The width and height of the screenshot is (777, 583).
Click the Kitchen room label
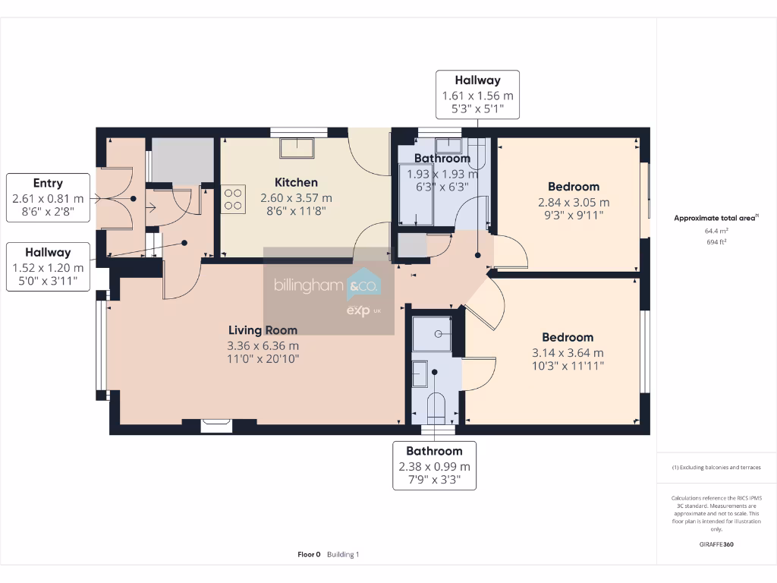pyautogui.click(x=296, y=182)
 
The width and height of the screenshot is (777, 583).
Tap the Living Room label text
pyautogui.click(x=263, y=330)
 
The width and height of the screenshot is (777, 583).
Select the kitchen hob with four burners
pyautogui.click(x=233, y=199)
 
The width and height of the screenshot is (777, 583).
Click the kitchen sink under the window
pyautogui.click(x=296, y=148)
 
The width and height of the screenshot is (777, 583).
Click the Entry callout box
pyautogui.click(x=48, y=199)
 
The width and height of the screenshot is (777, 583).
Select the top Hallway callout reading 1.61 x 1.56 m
pyautogui.click(x=477, y=95)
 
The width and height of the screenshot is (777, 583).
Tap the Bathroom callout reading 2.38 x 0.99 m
pyautogui.click(x=434, y=466)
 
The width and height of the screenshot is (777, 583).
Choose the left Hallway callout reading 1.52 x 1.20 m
pyautogui.click(x=48, y=267)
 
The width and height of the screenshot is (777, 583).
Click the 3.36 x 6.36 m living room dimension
pyautogui.click(x=263, y=345)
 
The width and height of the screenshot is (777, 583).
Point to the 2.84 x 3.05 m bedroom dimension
pyautogui.click(x=574, y=203)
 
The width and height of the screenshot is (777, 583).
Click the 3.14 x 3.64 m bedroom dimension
pyautogui.click(x=568, y=353)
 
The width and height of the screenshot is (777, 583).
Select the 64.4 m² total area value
pyautogui.click(x=716, y=231)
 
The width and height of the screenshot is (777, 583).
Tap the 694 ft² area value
pyautogui.click(x=716, y=241)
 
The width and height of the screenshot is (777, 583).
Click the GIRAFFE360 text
pyautogui.click(x=716, y=544)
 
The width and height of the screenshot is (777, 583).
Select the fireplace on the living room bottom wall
pyautogui.click(x=216, y=426)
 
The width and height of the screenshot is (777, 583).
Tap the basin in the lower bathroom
pyautogui.click(x=420, y=373)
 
